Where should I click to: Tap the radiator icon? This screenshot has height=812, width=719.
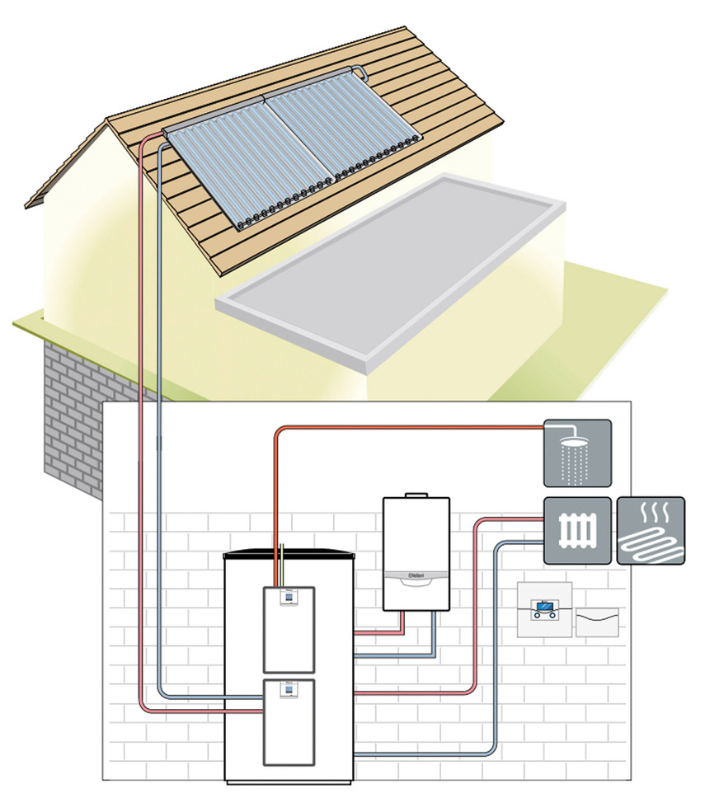pos(577,530)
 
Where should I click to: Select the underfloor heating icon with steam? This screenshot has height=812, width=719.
pos(651,530)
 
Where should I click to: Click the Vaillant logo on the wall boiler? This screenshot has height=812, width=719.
pos(416,575)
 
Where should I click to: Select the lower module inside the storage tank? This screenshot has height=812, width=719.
pos(289,723)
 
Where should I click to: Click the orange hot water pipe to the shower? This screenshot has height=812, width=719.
pos(412,428)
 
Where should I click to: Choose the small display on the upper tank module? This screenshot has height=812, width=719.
pos(289,600)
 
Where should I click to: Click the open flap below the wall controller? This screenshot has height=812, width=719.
pos(595,622)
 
